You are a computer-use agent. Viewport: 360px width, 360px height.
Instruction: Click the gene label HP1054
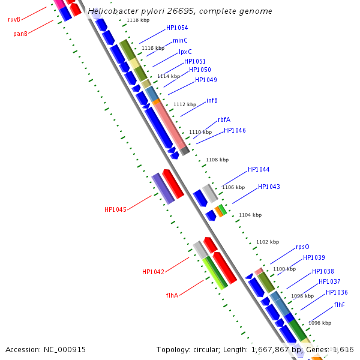177,28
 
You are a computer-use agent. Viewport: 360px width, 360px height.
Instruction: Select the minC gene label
180,41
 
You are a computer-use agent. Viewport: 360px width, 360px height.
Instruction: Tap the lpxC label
185,52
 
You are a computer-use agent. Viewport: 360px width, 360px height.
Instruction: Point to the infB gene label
212,100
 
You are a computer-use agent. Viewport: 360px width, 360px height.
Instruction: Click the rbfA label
224,119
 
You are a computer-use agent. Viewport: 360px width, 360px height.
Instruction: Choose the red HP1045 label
115,209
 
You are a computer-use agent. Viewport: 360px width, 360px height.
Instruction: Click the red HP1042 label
153,272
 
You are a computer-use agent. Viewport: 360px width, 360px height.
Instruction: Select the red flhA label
172,295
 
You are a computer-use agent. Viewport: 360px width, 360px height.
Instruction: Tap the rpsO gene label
302,247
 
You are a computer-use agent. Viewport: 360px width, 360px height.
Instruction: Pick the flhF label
340,305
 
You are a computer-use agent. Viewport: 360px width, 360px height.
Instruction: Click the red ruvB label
14,20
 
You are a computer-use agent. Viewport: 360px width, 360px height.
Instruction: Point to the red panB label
20,34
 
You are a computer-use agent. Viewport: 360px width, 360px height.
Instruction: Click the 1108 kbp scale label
217,160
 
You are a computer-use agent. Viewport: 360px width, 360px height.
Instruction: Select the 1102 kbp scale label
268,242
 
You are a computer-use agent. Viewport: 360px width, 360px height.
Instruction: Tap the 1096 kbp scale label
320,323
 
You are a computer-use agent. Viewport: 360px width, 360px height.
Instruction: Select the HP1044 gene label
259,170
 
